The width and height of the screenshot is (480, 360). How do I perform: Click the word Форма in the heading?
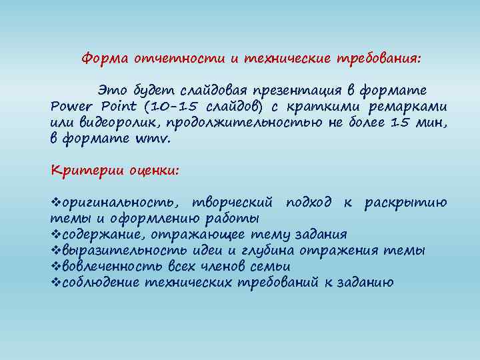click(103, 58)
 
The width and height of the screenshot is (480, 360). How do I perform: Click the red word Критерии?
click(79, 170)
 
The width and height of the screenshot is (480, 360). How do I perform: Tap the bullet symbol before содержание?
click(55, 234)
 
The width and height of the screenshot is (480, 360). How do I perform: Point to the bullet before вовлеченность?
click(55, 267)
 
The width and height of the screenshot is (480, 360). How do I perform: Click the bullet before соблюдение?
click(55, 283)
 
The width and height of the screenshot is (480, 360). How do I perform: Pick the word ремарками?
click(415, 107)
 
